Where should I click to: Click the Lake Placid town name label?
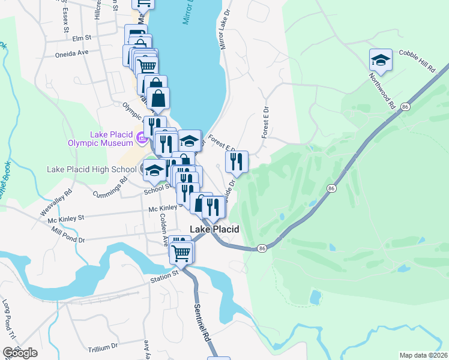(215, 229)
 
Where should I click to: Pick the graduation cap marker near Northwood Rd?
(381, 60)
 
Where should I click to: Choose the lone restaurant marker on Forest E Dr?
(237, 161)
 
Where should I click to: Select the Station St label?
(164, 274)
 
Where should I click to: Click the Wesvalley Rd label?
(56, 203)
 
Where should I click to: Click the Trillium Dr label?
(102, 347)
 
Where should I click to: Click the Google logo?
(20, 353)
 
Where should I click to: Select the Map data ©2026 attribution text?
(423, 355)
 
